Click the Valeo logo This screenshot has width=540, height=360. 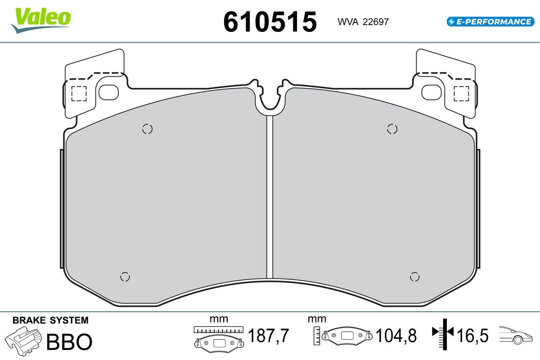41,20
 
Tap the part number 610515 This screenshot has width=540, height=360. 270,22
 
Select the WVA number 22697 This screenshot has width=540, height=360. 376,22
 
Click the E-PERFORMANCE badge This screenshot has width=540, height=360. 490,22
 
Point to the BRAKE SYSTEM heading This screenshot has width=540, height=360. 50,320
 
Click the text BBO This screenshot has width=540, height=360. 69,342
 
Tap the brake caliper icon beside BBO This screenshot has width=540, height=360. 23,341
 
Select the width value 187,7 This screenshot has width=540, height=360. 268,335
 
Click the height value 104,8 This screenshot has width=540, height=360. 396,335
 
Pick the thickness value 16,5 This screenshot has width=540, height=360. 472,335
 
